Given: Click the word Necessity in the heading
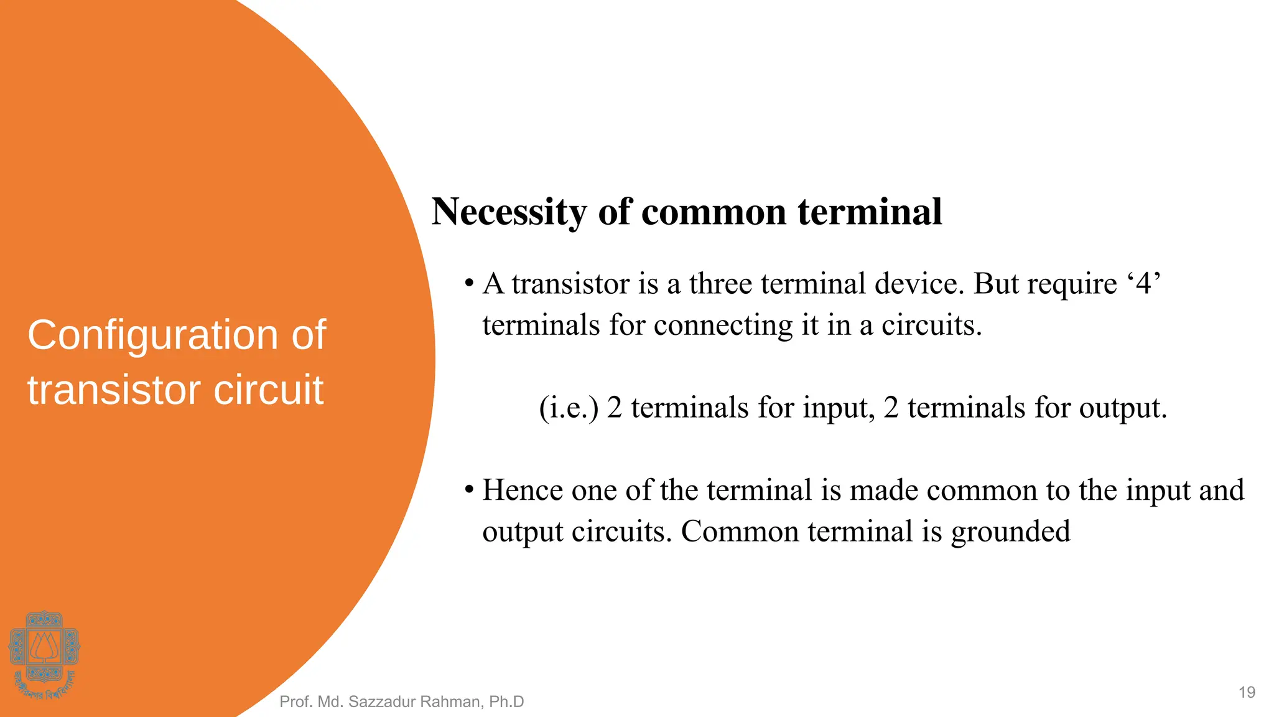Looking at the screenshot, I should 509,213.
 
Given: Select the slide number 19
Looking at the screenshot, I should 1247,692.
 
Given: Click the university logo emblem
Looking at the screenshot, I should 44,654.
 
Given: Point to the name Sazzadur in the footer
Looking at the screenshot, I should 381,702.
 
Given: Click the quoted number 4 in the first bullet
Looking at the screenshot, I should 1144,284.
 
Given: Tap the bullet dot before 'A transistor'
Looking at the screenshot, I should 470,284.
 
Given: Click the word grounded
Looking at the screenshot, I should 1010,532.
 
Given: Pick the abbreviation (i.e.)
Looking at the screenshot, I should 569,408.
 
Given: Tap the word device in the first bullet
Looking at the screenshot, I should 919,284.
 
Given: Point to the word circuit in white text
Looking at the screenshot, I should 268,390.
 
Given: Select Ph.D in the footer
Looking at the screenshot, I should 506,702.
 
